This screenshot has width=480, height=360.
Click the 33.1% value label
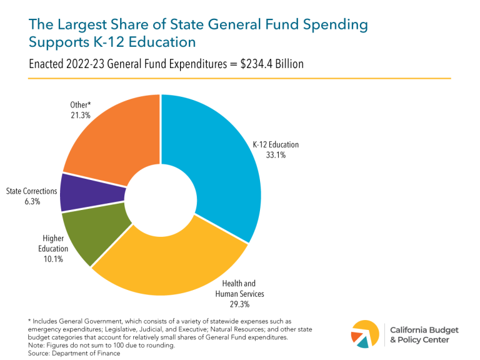point(275,155)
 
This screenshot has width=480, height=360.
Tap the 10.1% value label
point(53,259)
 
